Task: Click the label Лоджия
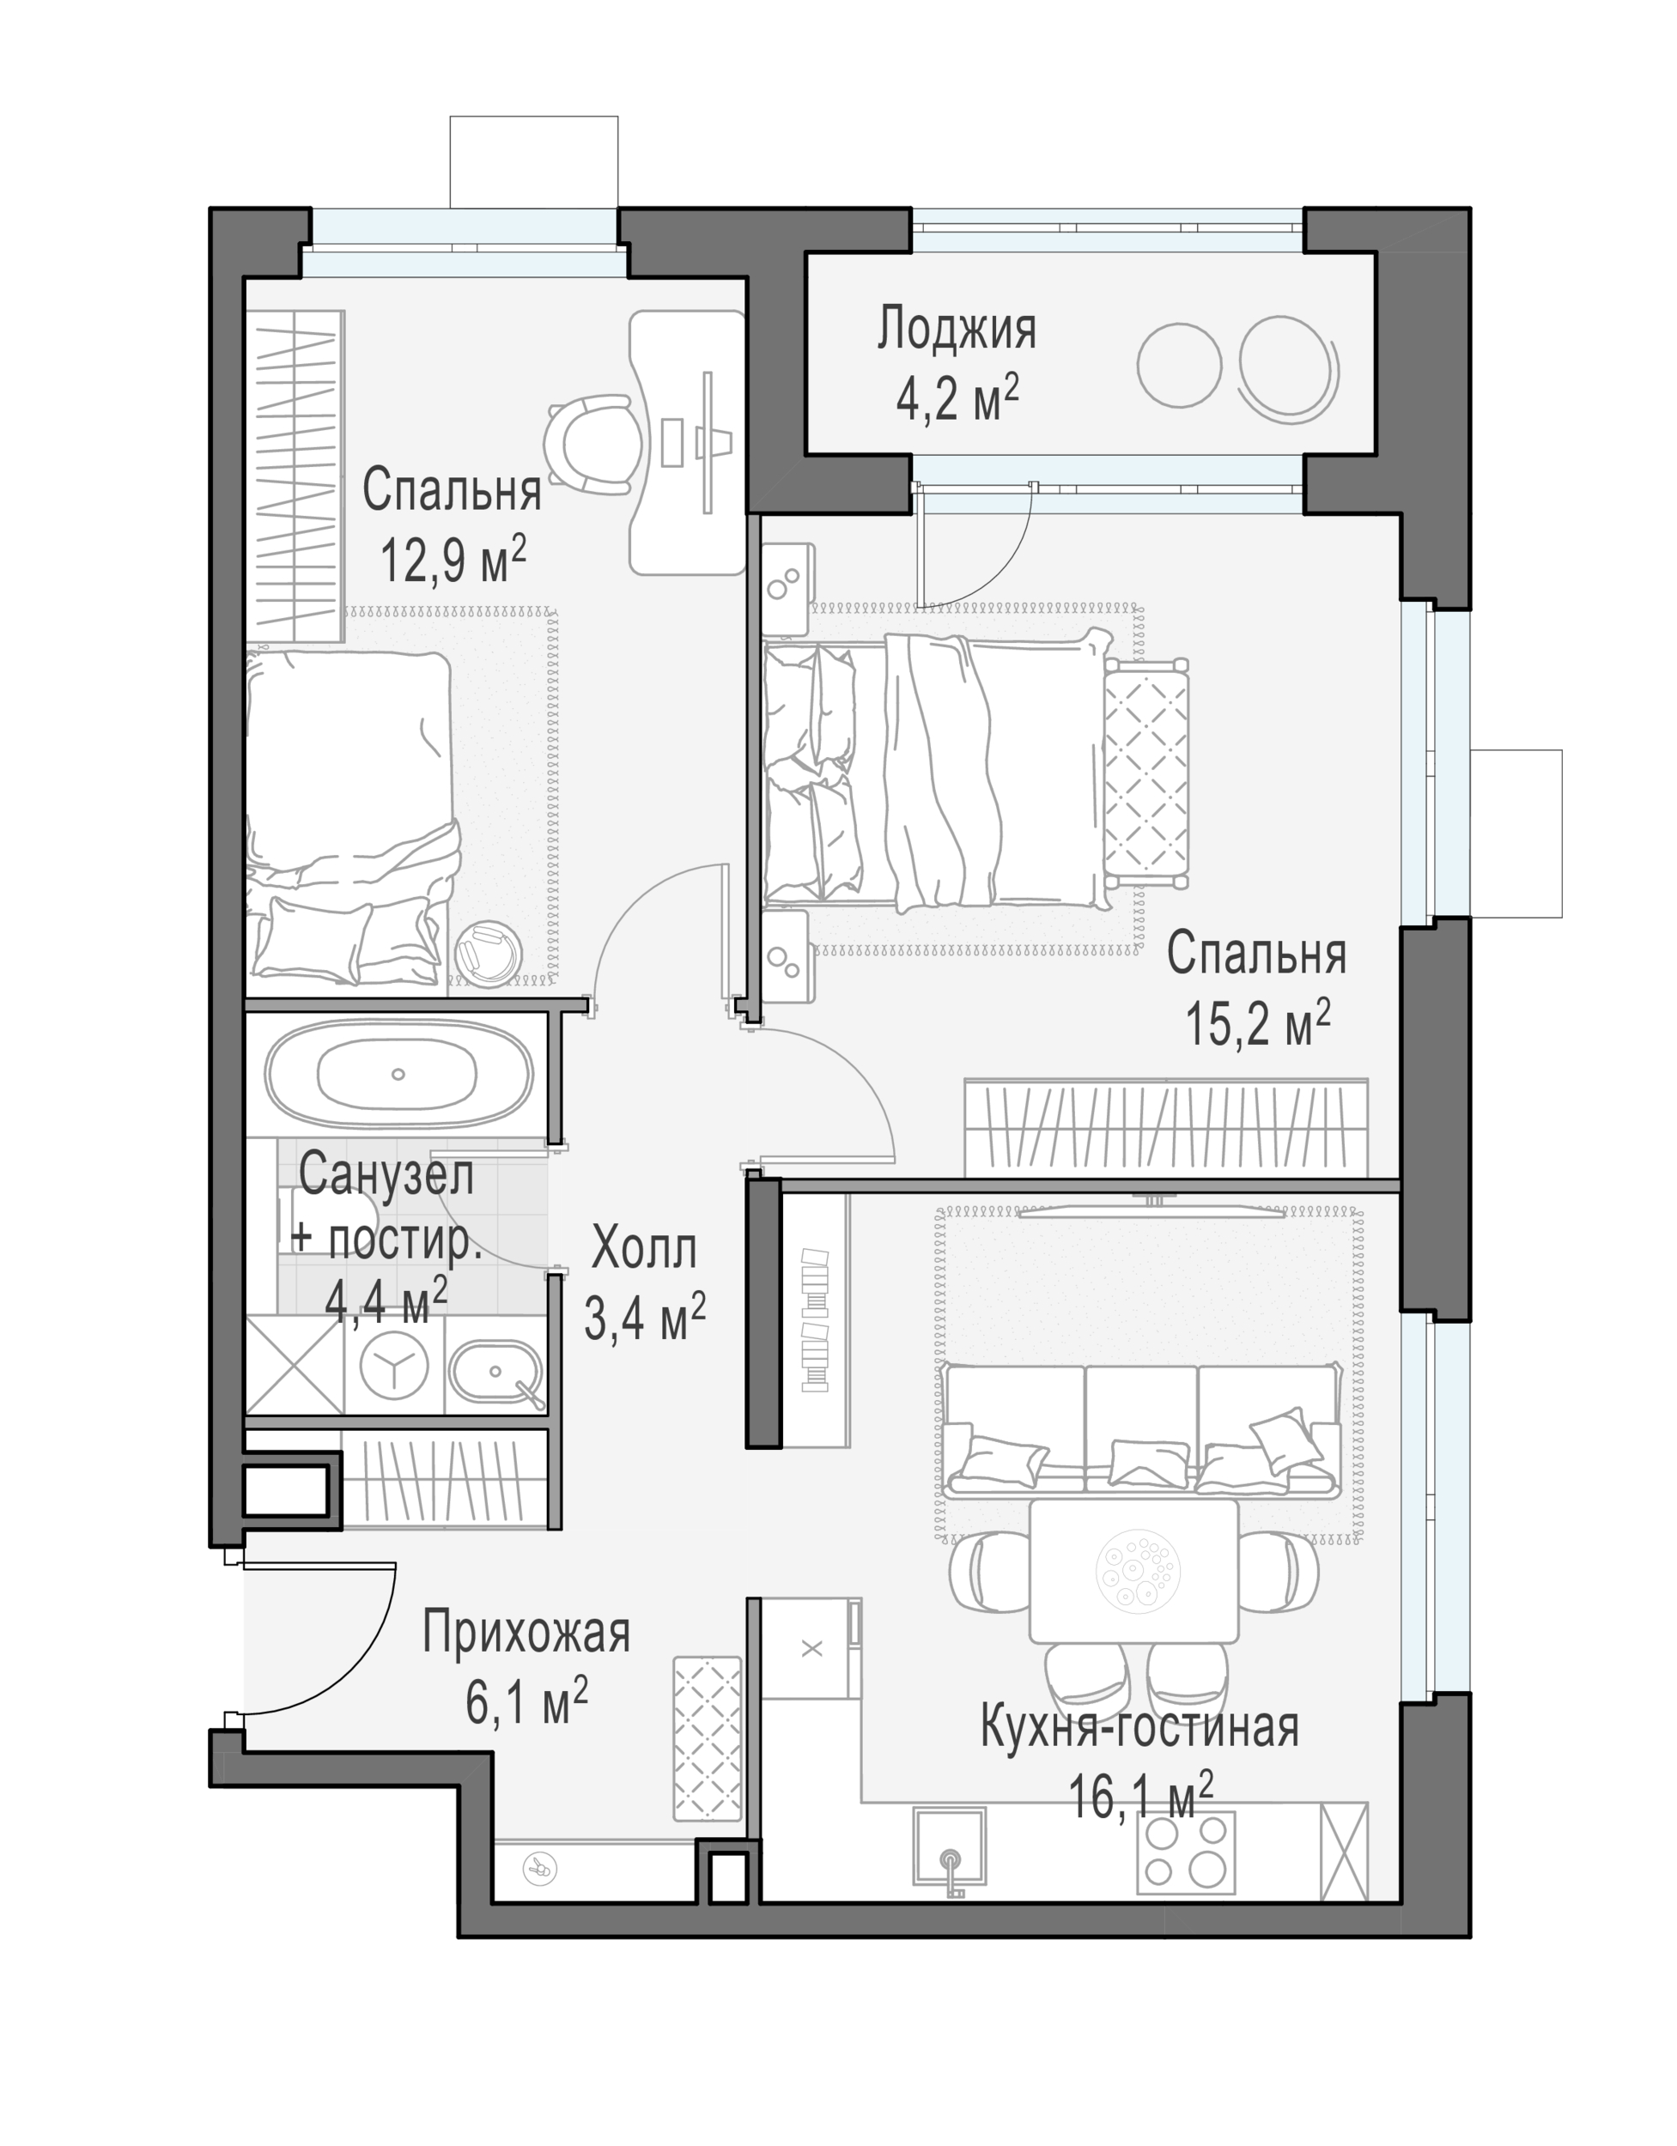pos(957,330)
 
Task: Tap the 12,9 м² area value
pos(453,559)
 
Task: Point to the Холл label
pos(644,1250)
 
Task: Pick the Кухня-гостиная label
pos(1139,1727)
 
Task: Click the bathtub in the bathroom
pos(398,1074)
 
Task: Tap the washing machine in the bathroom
pos(394,1365)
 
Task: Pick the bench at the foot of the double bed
pos(1145,773)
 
